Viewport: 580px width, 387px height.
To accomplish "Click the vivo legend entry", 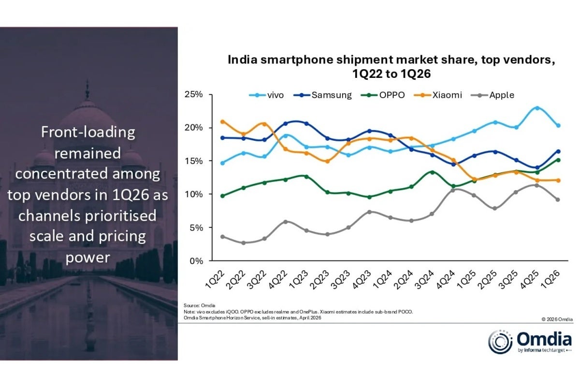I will [x=267, y=95].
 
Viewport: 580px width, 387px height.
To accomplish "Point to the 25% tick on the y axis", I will [x=193, y=94].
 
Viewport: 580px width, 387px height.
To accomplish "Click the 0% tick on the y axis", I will [x=196, y=261].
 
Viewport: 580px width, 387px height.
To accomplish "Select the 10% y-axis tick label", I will [x=193, y=194].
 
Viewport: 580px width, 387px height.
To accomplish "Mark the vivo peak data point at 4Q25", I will [x=537, y=108].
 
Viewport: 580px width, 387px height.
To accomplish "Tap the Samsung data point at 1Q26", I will [x=558, y=151].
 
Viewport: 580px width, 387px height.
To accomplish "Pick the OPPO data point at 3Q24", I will [x=432, y=172].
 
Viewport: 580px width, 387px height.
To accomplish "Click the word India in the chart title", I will [x=240, y=60].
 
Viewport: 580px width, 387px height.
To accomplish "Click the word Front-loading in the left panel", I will [x=87, y=132].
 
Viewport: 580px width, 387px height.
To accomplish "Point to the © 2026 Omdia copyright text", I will [x=557, y=319].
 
